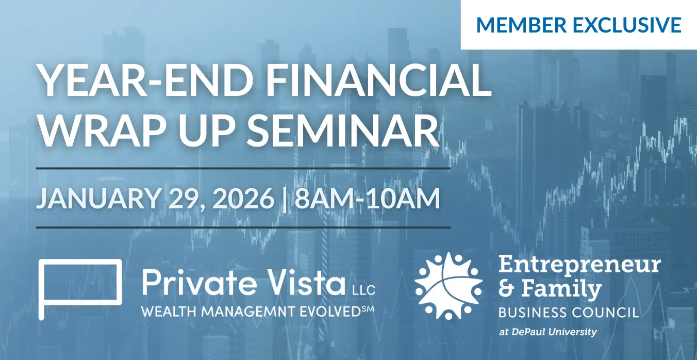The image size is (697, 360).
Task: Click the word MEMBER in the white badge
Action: (521, 25)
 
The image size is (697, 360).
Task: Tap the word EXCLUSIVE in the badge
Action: (627, 25)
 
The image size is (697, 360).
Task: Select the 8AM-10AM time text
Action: (368, 199)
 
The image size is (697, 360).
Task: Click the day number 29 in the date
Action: (186, 199)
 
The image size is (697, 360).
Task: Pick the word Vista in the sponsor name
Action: (305, 282)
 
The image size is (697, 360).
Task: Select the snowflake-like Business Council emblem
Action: (449, 286)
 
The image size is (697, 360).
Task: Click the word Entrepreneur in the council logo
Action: (579, 266)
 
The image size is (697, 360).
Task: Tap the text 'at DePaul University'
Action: (548, 332)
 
